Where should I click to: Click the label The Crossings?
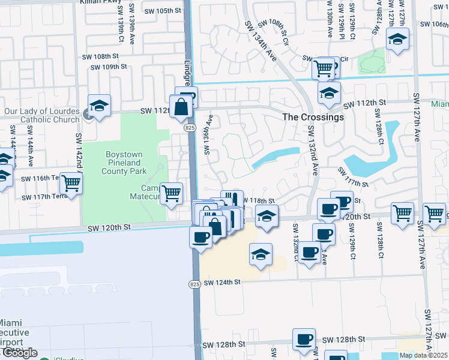coord(313,117)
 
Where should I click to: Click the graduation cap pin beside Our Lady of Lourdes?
coord(100,106)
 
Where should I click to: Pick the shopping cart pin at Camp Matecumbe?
coord(172,193)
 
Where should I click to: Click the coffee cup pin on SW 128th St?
coord(304,339)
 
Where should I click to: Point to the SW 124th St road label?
coord(221,282)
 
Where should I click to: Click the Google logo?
coord(19,353)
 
